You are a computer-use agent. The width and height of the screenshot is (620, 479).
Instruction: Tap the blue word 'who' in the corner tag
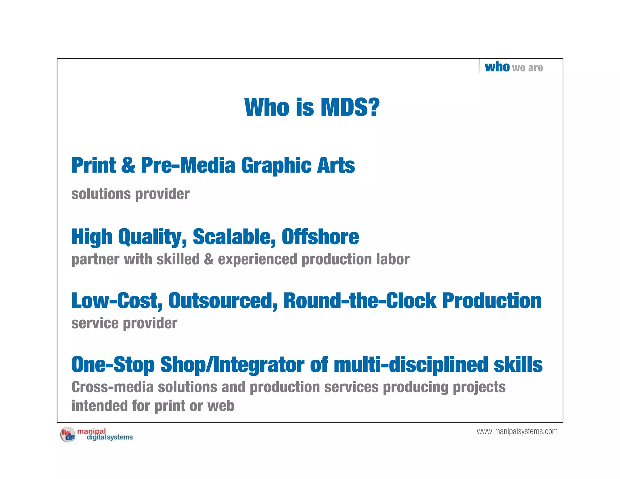[497, 67]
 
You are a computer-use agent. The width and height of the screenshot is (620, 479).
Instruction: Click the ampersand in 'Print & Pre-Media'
[128, 165]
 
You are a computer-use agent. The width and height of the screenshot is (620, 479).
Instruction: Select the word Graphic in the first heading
[276, 166]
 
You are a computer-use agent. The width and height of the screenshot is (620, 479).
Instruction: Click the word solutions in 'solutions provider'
[101, 194]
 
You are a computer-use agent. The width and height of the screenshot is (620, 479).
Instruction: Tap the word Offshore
[320, 237]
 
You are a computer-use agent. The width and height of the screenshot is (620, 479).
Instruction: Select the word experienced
[257, 260]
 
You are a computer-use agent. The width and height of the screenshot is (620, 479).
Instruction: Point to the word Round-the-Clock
[360, 301]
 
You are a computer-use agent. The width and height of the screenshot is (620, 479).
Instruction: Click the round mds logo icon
[68, 435]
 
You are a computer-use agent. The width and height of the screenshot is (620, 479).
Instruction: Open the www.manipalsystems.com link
[517, 431]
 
